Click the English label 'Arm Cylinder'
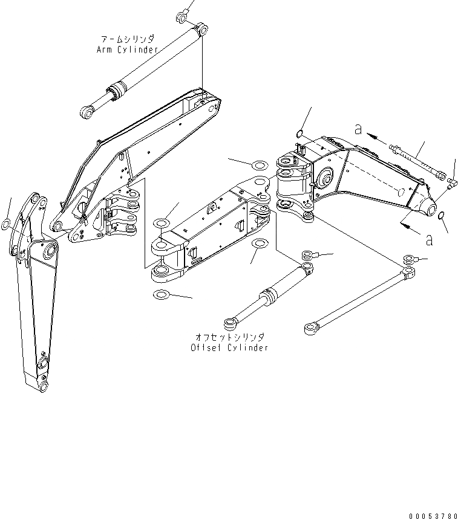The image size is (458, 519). [x=127, y=50]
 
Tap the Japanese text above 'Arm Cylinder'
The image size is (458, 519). [x=127, y=38]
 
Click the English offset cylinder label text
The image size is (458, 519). [x=229, y=347]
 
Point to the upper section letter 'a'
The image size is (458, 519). [x=359, y=128]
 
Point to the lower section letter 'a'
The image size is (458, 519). [x=428, y=240]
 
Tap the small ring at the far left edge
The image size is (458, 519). [x=5, y=225]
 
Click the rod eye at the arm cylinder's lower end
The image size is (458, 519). [x=87, y=111]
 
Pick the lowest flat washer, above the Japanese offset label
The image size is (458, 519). [x=161, y=295]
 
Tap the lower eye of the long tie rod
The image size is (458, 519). [x=310, y=329]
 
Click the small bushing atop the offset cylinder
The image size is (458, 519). [x=309, y=256]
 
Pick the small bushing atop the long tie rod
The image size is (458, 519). [x=410, y=260]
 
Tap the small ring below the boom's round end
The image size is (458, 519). [x=442, y=217]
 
